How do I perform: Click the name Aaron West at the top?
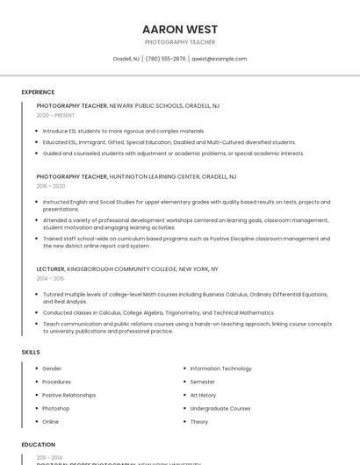click(x=180, y=29)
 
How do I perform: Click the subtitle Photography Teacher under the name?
click(x=180, y=42)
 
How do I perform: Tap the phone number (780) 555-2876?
click(x=166, y=59)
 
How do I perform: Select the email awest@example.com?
click(x=220, y=59)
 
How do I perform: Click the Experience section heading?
click(x=38, y=92)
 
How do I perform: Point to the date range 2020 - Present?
click(x=55, y=115)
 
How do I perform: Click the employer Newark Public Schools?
click(x=146, y=105)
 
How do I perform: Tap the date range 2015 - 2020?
click(x=51, y=186)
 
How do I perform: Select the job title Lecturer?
click(x=50, y=268)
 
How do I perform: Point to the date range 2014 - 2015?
click(x=50, y=278)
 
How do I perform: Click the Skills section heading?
click(x=31, y=352)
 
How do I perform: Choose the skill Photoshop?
click(x=55, y=408)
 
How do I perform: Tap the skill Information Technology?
click(x=220, y=368)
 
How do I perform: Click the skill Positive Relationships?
click(x=68, y=395)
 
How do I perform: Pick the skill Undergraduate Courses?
click(x=220, y=408)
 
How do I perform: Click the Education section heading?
click(x=39, y=445)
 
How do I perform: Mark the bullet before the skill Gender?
click(x=36, y=368)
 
